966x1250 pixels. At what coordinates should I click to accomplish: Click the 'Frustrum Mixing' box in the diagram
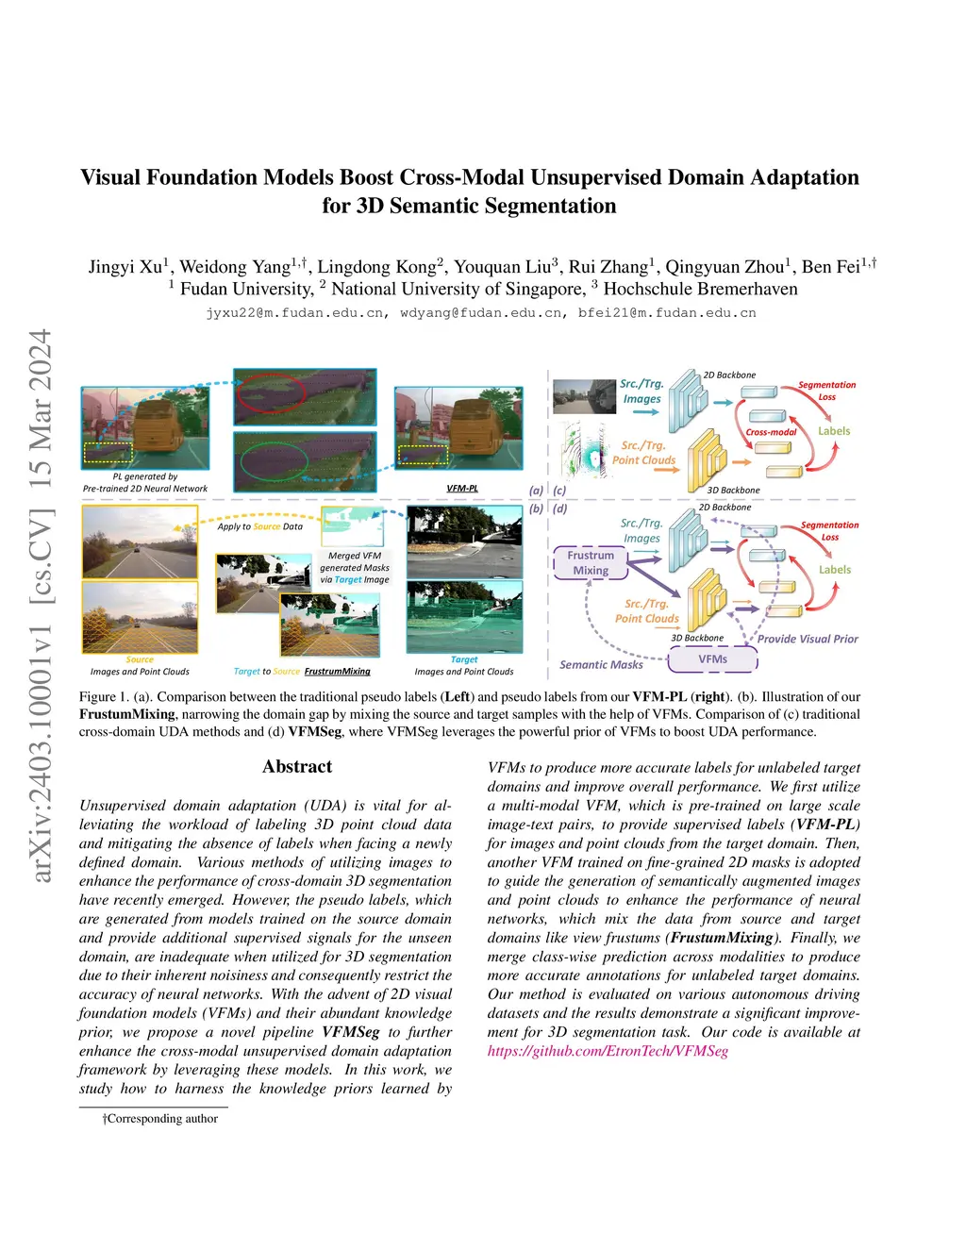pos(591,562)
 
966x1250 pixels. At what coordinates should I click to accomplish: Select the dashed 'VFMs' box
pos(712,659)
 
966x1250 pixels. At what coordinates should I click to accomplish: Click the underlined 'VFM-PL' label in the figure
pos(462,488)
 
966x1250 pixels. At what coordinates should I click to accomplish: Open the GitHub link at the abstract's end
pos(608,1051)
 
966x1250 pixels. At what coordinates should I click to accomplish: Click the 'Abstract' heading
pos(297,766)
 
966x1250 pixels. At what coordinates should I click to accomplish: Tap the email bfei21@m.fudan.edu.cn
pos(667,312)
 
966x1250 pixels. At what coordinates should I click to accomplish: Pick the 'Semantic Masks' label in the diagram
pos(601,665)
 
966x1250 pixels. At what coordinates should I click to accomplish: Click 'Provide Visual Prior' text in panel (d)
pos(808,639)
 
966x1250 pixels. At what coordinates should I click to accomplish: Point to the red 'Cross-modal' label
pos(771,432)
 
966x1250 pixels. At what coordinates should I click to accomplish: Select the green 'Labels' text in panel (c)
pos(834,431)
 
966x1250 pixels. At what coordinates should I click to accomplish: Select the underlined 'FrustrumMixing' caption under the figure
pos(337,672)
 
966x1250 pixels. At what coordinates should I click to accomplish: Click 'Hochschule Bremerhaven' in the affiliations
pos(700,289)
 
